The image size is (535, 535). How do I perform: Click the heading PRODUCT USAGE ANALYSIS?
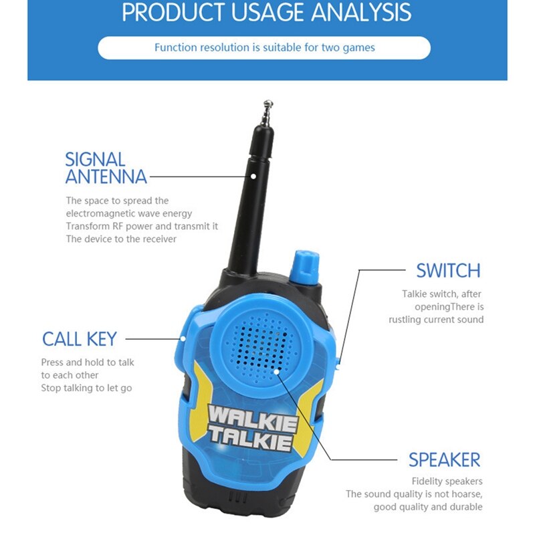pos(267,12)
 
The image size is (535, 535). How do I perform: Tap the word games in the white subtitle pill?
pos(358,47)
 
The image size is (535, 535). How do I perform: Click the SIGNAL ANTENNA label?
pos(105,168)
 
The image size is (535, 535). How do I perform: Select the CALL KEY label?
pos(79,339)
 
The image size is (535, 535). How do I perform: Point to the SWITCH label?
pos(448,271)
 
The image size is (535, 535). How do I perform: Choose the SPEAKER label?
pos(444,460)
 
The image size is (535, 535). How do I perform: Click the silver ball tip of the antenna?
pos(268,104)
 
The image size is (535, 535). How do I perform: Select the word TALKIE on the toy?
pos(250,439)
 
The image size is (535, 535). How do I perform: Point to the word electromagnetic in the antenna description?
pos(98,213)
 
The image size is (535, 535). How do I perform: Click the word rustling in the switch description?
pos(406,320)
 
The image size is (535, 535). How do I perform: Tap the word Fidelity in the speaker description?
pos(428,481)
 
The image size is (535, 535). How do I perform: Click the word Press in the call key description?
pos(53,362)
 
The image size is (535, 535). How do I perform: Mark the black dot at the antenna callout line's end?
pos(254,177)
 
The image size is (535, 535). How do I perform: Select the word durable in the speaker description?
pos(465,506)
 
